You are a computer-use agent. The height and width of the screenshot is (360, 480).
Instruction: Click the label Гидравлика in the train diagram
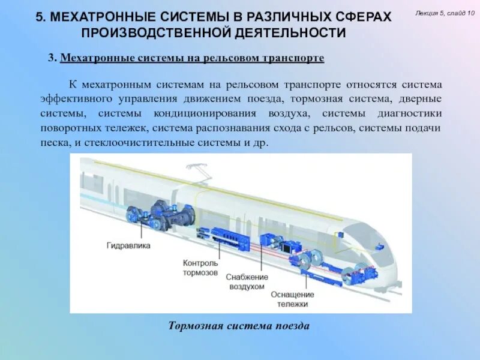tap(128, 246)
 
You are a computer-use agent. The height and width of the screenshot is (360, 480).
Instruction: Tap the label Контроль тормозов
tap(200, 268)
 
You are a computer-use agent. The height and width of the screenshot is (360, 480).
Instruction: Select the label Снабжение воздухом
tap(246, 282)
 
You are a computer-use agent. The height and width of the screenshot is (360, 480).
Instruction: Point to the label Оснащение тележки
tap(292, 299)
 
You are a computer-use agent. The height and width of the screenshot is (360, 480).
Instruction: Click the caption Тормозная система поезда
tap(239, 326)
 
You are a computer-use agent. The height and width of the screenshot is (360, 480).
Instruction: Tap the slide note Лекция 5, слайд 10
tap(445, 13)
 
